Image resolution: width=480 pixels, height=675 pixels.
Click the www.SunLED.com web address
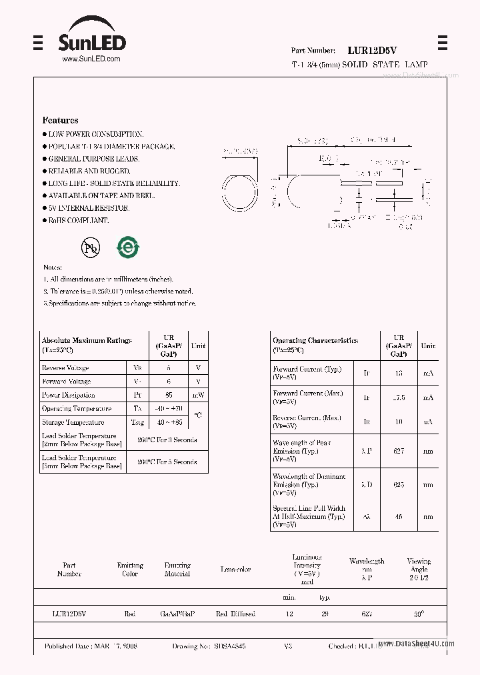tap(91, 59)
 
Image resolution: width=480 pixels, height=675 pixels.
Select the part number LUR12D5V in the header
tap(372, 50)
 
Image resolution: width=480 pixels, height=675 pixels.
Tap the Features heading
tap(60, 120)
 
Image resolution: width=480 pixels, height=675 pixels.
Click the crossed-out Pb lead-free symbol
tap(90, 248)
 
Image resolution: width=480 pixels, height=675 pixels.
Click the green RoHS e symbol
tap(127, 247)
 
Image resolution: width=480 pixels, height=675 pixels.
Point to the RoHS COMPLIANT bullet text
tap(78, 220)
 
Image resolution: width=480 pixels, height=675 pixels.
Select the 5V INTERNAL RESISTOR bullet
tap(88, 208)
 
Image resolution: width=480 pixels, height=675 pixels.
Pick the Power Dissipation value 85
tap(169, 395)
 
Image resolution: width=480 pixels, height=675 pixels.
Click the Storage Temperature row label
tap(73, 422)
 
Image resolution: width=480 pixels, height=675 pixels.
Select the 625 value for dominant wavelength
tap(399, 485)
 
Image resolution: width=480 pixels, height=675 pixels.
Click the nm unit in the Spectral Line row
tap(428, 516)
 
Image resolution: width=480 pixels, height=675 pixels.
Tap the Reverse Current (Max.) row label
tap(307, 422)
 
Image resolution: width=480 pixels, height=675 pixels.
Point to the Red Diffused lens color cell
tap(235, 614)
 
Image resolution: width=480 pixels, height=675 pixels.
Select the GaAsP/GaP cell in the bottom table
tap(177, 614)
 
